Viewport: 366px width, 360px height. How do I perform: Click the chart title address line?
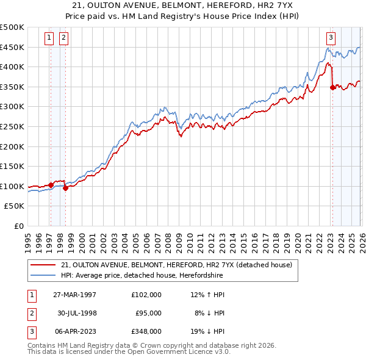[x=183, y=5]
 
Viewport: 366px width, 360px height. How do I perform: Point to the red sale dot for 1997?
[x=51, y=185]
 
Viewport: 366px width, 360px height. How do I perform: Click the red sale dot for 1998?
[x=65, y=188]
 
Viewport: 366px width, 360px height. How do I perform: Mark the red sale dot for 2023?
[x=332, y=87]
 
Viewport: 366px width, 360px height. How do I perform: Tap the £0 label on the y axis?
[x=18, y=226]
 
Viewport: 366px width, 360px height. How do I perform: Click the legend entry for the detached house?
[x=176, y=265]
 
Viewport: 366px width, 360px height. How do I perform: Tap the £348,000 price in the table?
[x=146, y=332]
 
